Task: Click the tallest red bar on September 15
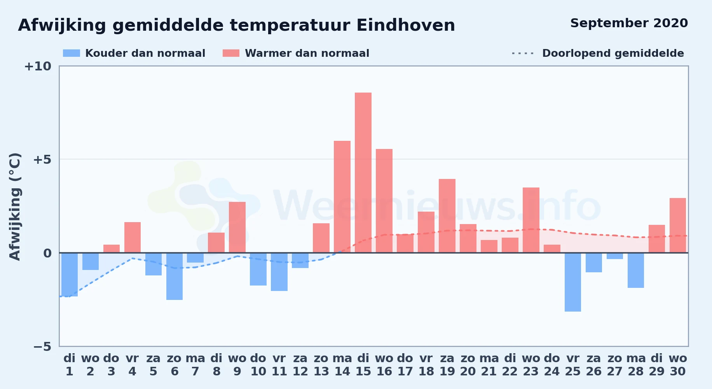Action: (363, 173)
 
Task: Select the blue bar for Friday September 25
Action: (573, 282)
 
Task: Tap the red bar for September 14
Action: (342, 197)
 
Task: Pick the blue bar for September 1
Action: (70, 275)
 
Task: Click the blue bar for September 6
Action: (175, 276)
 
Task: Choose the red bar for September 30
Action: (678, 225)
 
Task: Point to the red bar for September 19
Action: (447, 216)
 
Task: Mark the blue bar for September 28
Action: (636, 270)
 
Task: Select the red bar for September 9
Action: (237, 227)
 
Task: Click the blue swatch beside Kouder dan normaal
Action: (72, 53)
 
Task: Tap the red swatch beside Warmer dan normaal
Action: (231, 53)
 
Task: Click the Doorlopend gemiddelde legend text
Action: (613, 53)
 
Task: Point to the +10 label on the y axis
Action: (38, 66)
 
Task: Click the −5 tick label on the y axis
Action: (42, 347)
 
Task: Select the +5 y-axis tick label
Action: (42, 159)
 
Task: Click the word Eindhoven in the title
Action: (406, 25)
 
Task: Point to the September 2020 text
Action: (629, 23)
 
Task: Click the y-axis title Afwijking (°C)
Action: (15, 207)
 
